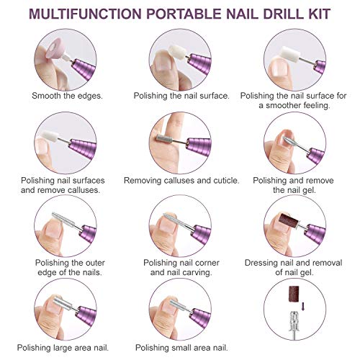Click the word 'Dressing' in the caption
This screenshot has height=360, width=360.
pos(265,263)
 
